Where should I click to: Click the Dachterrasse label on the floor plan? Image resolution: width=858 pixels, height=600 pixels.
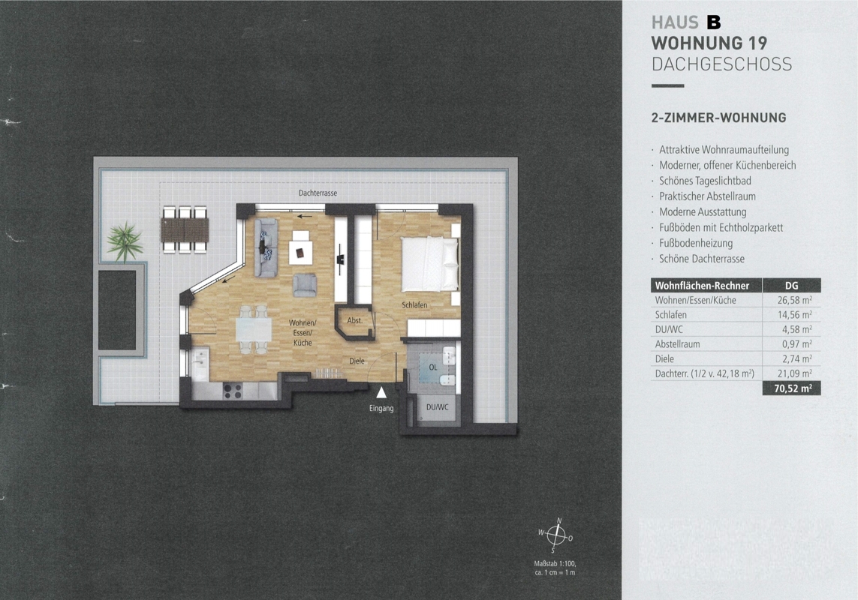(x=318, y=193)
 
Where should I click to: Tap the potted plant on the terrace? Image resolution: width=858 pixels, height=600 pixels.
(x=125, y=241)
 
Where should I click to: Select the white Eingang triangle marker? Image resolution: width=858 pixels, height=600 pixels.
(x=381, y=392)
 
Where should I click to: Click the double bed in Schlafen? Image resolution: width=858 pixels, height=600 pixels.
(x=429, y=264)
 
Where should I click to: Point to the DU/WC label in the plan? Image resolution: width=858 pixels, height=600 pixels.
(x=437, y=407)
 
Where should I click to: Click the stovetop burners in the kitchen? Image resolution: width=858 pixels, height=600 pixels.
(x=233, y=391)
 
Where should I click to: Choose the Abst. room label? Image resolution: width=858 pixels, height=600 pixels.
(x=354, y=320)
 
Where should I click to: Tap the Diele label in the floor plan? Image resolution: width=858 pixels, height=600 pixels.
(x=357, y=361)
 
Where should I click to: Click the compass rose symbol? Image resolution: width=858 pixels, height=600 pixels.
(x=556, y=535)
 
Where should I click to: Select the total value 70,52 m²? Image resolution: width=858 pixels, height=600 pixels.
(x=793, y=388)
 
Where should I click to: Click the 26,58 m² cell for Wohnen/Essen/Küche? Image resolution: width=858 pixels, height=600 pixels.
(x=794, y=300)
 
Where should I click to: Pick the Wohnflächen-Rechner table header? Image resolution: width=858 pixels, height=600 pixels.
(x=702, y=286)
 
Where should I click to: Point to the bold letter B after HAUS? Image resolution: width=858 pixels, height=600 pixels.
(x=714, y=22)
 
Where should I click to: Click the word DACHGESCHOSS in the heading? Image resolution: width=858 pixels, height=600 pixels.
(x=721, y=64)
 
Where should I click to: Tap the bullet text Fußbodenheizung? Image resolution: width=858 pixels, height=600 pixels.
(x=696, y=243)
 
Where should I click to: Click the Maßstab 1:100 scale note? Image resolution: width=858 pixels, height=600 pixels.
(x=555, y=563)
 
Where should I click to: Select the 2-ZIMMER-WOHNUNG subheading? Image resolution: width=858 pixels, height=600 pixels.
(x=718, y=118)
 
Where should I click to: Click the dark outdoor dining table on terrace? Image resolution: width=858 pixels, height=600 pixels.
(x=185, y=230)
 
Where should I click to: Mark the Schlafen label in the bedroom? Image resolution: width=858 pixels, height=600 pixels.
(x=414, y=304)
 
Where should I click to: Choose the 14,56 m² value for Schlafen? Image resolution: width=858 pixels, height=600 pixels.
(x=794, y=314)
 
